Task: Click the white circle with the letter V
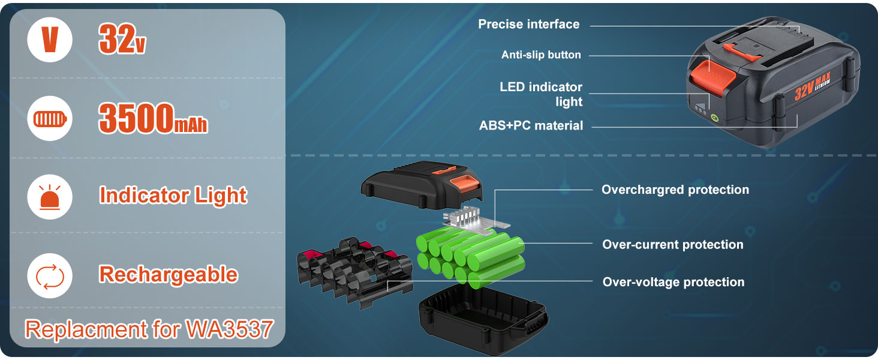50,40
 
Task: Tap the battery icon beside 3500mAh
50,118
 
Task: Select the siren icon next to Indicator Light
50,197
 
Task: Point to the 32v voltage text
122,38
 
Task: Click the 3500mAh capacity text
153,118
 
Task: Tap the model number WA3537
229,329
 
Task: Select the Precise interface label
529,25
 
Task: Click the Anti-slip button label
541,55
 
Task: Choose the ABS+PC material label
531,125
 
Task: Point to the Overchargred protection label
675,190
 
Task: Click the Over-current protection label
673,245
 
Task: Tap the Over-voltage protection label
673,282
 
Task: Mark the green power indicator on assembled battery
714,118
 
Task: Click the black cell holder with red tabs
354,271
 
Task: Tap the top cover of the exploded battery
422,184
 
